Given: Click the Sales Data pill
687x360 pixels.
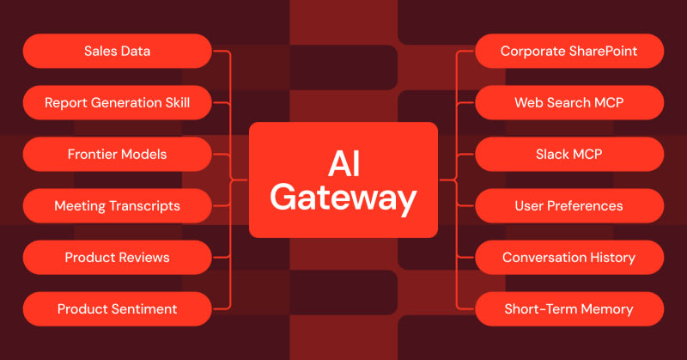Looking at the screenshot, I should [117, 52].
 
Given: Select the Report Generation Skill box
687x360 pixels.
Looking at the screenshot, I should [117, 103].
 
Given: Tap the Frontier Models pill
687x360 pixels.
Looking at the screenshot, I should [117, 155].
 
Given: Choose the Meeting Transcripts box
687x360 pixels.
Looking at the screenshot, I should [117, 206].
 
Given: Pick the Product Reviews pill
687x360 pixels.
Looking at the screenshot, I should [117, 258].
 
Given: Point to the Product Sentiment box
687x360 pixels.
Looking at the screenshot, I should [117, 309].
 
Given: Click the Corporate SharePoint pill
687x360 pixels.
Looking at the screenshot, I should [568, 52].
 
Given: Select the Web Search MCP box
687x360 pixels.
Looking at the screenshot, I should [568, 103].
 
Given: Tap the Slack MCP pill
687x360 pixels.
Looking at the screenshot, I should [568, 155].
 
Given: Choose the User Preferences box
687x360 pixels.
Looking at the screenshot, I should [568, 206].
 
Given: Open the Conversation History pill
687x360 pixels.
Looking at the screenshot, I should [568, 258].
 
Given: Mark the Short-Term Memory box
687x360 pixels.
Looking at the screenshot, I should [568, 309].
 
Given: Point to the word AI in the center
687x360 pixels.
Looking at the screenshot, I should [343, 162].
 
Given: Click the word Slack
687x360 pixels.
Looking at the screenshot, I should [552, 155].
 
